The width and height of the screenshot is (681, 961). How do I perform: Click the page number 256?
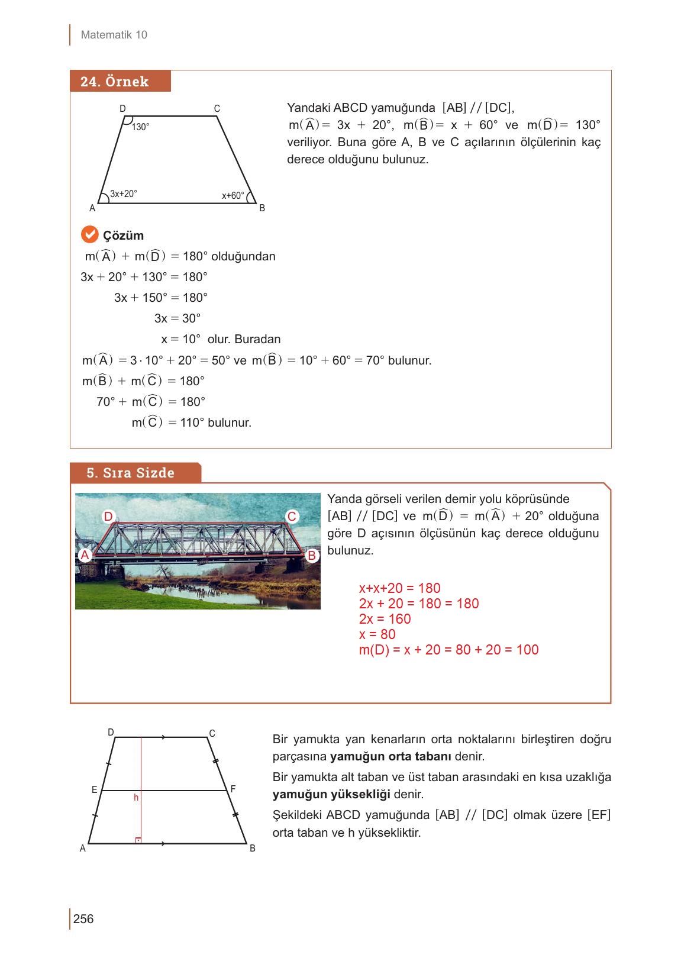[x=83, y=918]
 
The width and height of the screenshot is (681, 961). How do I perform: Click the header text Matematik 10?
[x=114, y=35]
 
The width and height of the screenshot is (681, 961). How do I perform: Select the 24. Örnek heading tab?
[x=115, y=82]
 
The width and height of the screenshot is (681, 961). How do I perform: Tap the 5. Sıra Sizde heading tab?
[x=131, y=473]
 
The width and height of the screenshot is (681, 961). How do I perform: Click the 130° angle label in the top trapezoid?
[x=140, y=127]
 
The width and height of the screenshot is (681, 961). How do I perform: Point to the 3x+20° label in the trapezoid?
[x=124, y=194]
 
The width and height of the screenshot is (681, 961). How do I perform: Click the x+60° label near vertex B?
[x=233, y=195]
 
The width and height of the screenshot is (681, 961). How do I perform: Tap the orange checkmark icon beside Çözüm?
[x=89, y=235]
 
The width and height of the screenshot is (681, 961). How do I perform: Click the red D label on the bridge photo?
[x=108, y=517]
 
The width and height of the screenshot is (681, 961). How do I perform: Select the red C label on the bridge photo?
[x=292, y=517]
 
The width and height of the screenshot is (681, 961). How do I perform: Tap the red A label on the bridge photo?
[x=85, y=555]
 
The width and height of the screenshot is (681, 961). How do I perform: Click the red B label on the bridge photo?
[x=312, y=556]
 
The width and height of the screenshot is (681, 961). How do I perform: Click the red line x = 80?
[x=377, y=634]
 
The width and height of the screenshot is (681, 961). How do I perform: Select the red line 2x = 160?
[x=385, y=619]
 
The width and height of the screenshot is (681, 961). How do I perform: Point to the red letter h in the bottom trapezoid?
[x=136, y=798]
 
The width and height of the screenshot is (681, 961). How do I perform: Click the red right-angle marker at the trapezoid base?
[x=138, y=840]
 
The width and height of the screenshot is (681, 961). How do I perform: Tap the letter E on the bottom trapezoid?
[x=94, y=790]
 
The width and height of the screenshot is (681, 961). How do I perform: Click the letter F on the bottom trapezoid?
[x=233, y=789]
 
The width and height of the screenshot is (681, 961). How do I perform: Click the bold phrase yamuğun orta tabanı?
[x=390, y=756]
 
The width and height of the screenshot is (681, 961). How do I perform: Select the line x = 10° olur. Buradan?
[x=221, y=339]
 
